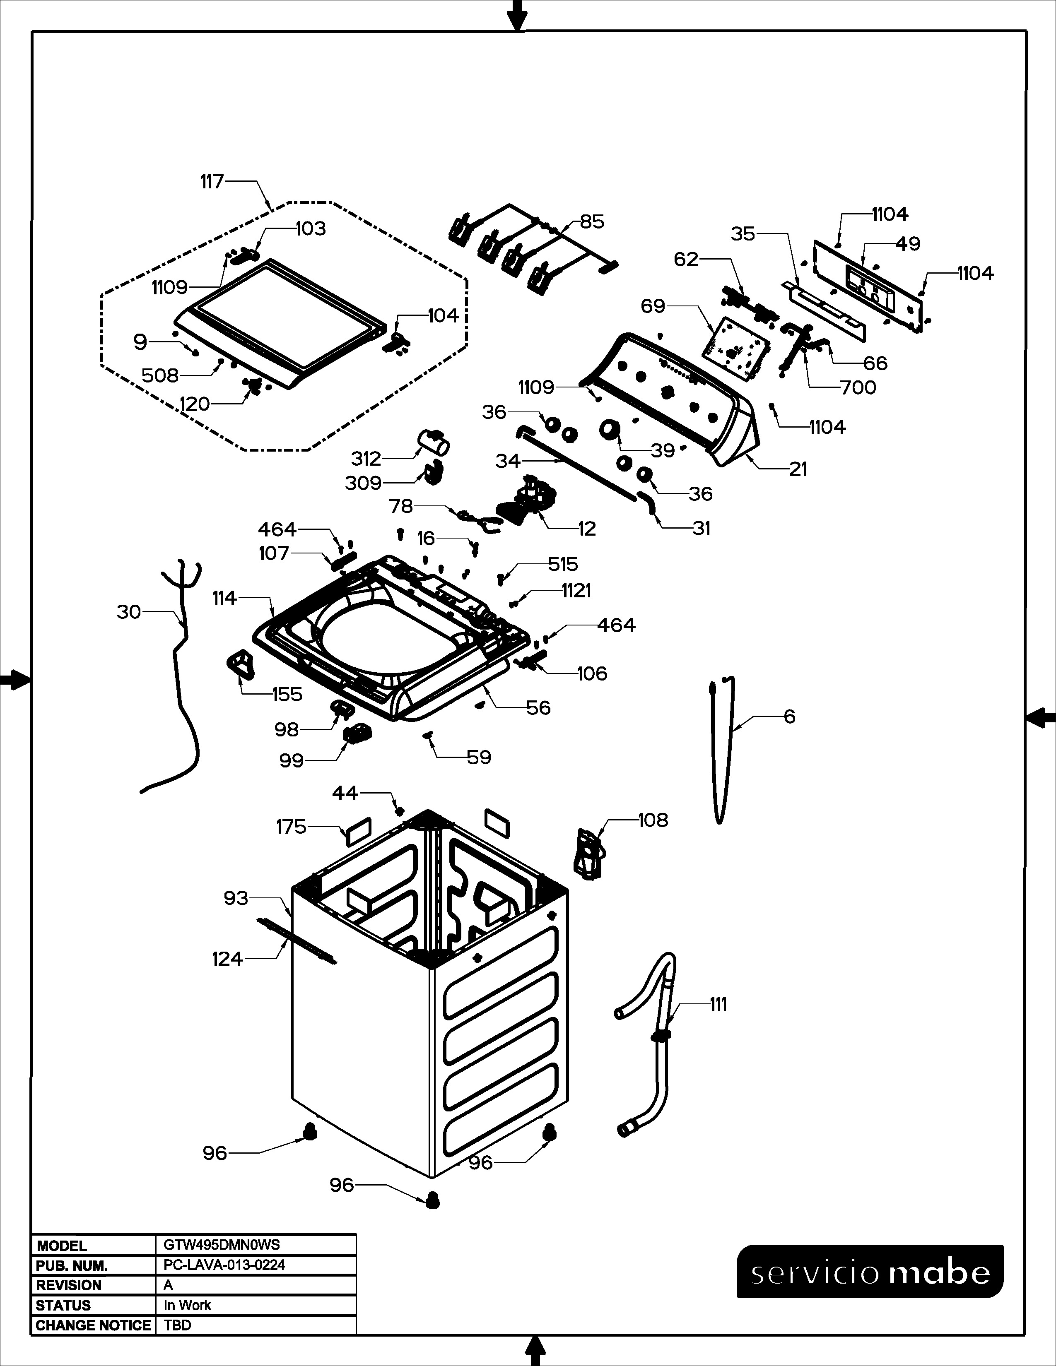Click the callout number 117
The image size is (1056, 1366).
pos(212,182)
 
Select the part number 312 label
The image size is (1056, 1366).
pos(366,459)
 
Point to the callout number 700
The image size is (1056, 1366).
pos(858,388)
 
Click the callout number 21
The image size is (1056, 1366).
pos(798,469)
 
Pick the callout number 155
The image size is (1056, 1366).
pos(287,694)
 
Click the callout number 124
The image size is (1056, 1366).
pos(227,958)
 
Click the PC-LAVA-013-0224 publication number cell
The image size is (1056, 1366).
pos(224,1265)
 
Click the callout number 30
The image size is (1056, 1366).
pos(129,612)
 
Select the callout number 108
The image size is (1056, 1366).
pos(653,820)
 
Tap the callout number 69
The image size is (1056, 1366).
pos(653,306)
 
